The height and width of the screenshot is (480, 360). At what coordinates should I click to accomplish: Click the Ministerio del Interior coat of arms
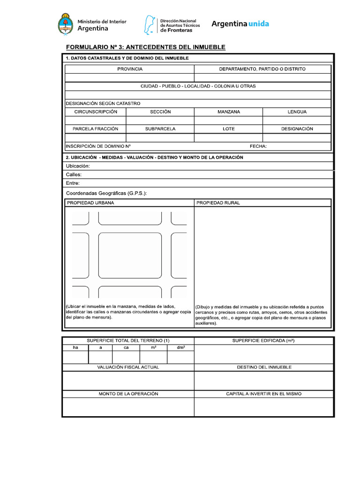pyautogui.click(x=66, y=25)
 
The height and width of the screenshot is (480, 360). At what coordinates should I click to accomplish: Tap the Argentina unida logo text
pyautogui.click(x=240, y=24)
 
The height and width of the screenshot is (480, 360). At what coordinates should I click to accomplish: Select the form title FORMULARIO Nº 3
pyautogui.click(x=145, y=47)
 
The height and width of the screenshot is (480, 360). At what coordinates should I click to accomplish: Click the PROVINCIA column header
pyautogui.click(x=130, y=69)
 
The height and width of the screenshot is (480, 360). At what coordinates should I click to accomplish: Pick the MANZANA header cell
pyautogui.click(x=228, y=112)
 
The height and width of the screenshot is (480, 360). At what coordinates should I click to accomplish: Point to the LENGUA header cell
pyautogui.click(x=297, y=112)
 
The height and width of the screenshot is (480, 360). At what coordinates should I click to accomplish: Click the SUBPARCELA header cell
pyautogui.click(x=160, y=129)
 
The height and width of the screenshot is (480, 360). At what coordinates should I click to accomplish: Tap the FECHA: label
pyautogui.click(x=258, y=146)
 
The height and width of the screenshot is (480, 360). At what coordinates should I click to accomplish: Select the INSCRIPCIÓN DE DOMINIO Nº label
pyautogui.click(x=98, y=146)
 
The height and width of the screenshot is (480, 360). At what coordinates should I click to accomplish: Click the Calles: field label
pyautogui.click(x=74, y=175)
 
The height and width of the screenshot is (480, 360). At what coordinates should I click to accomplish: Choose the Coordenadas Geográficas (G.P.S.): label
pyautogui.click(x=106, y=193)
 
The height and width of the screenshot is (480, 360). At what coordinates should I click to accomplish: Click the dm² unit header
pyautogui.click(x=180, y=348)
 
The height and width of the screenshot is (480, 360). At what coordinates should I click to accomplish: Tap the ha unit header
pyautogui.click(x=75, y=348)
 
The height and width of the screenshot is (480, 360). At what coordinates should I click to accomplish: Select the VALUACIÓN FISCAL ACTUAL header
pyautogui.click(x=128, y=367)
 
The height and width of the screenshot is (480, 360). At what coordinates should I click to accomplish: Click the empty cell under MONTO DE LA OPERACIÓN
pyautogui.click(x=128, y=407)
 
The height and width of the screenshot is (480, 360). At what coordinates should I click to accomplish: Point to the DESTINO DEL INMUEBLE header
pyautogui.click(x=264, y=367)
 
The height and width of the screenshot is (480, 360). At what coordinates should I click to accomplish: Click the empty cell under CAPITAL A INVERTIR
pyautogui.click(x=264, y=407)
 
